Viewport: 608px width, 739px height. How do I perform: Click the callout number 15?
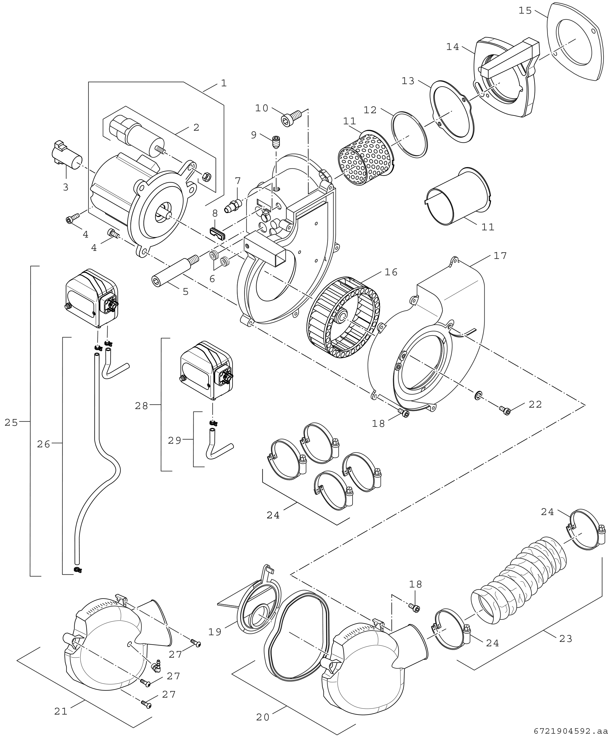point(525,11)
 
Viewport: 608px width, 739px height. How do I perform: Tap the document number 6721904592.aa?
point(570,731)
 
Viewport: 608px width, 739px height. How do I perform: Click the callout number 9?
point(254,135)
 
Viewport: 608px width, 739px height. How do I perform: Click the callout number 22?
point(535,404)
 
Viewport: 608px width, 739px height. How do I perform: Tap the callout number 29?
point(174,440)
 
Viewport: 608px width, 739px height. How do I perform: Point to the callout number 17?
point(500,256)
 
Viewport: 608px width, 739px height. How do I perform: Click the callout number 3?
point(65,187)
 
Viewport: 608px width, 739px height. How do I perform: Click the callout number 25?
point(11,423)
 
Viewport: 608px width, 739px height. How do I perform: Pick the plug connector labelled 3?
point(65,156)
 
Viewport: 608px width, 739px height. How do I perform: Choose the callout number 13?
point(408,81)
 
